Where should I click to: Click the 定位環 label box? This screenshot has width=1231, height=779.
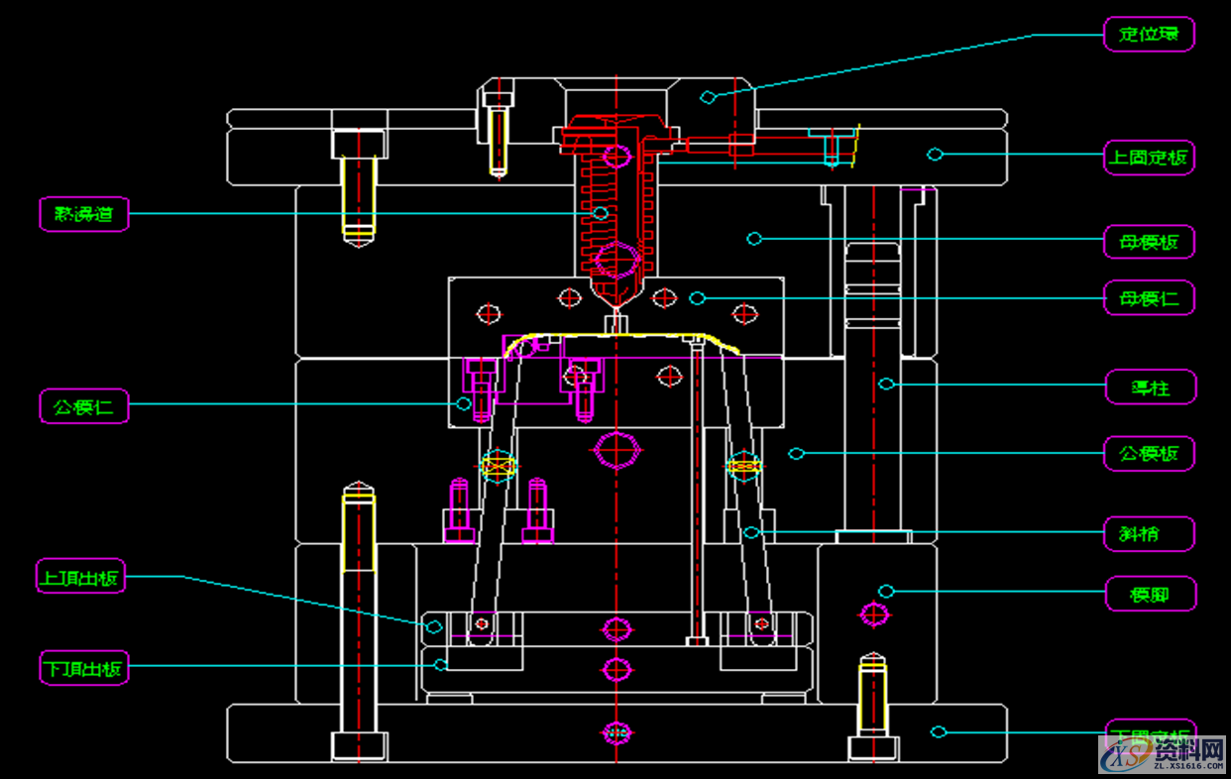[x=1150, y=34]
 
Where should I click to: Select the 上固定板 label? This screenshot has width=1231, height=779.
[x=1150, y=157]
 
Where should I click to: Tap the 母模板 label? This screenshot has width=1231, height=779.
[x=1150, y=242]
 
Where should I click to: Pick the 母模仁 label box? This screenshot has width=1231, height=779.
[x=1150, y=298]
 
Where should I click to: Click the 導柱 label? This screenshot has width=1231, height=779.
[x=1151, y=388]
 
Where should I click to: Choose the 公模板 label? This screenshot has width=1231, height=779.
[x=1150, y=454]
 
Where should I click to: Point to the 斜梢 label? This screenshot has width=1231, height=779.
[x=1150, y=534]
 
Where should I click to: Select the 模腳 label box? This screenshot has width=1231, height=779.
[x=1151, y=595]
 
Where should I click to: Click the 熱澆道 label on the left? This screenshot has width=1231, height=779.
[x=84, y=214]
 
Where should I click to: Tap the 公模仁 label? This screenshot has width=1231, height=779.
[x=84, y=405]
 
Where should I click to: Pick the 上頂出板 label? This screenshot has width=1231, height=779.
[x=81, y=576]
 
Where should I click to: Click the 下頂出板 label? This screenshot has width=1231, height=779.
[x=84, y=668]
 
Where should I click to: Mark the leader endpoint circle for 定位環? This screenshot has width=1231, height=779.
[x=708, y=96]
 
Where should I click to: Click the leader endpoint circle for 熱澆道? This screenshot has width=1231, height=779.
[x=601, y=213]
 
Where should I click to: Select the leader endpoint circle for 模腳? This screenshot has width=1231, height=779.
[x=886, y=592]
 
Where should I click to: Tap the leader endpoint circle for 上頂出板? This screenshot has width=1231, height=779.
[x=433, y=626]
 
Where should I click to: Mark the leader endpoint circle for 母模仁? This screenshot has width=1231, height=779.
[x=698, y=297]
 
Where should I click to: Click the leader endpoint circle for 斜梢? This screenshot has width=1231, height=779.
[x=751, y=533]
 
